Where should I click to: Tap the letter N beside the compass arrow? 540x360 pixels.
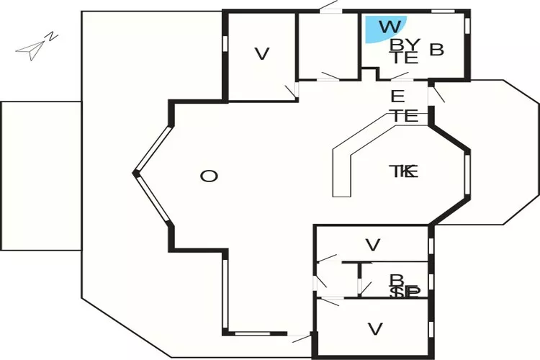pyautogui.click(x=51, y=35)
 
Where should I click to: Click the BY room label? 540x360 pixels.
pyautogui.click(x=405, y=45)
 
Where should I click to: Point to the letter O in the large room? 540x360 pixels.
pyautogui.click(x=209, y=176)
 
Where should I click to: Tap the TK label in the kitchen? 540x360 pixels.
pyautogui.click(x=404, y=171)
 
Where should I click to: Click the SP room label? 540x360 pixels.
pyautogui.click(x=405, y=293)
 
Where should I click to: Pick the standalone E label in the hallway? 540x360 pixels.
pyautogui.click(x=397, y=96)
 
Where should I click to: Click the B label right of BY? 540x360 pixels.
pyautogui.click(x=436, y=50)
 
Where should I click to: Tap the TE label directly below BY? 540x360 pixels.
pyautogui.click(x=405, y=59)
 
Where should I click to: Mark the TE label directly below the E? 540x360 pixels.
pyautogui.click(x=405, y=115)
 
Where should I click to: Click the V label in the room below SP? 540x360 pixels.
pyautogui.click(x=374, y=329)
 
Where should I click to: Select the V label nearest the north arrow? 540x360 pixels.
pyautogui.click(x=261, y=53)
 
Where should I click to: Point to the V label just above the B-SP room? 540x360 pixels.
pyautogui.click(x=372, y=245)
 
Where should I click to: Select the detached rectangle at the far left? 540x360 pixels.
pyautogui.click(x=40, y=176)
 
